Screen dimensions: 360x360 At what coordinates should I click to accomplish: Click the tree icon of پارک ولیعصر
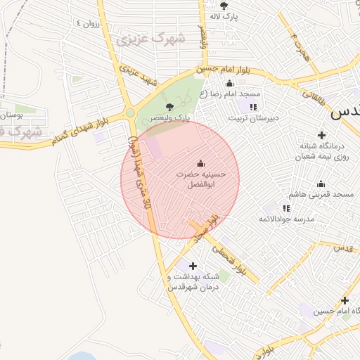(x=169, y=106)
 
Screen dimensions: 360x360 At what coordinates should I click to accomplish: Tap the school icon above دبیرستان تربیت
(x=253, y=107)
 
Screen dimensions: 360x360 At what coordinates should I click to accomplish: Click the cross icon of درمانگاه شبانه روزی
(x=322, y=135)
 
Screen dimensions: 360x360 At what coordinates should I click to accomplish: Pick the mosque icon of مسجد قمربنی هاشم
(x=321, y=184)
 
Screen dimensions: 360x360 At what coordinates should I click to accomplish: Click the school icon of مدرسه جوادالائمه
(x=285, y=208)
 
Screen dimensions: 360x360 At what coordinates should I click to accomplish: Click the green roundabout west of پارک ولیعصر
(x=129, y=112)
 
